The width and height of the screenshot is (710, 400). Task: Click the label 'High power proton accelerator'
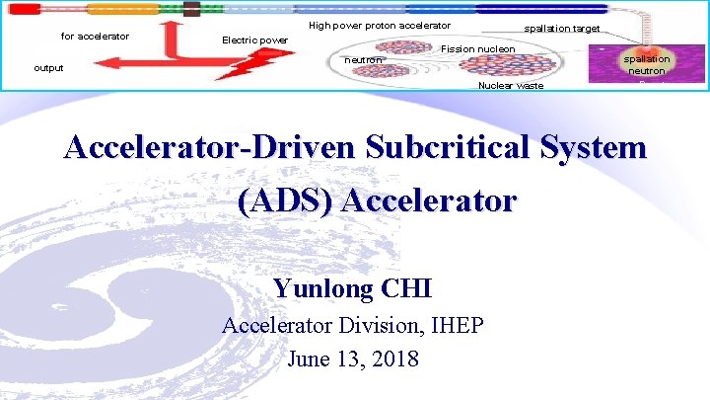(380, 26)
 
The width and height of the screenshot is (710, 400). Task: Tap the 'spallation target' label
(562, 29)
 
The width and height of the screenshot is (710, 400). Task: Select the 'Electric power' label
(254, 40)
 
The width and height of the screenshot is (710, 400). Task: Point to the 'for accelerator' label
(96, 37)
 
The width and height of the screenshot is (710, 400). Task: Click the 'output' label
(48, 68)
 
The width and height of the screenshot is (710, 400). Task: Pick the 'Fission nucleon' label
(478, 49)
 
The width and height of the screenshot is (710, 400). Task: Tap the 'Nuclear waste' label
(510, 86)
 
